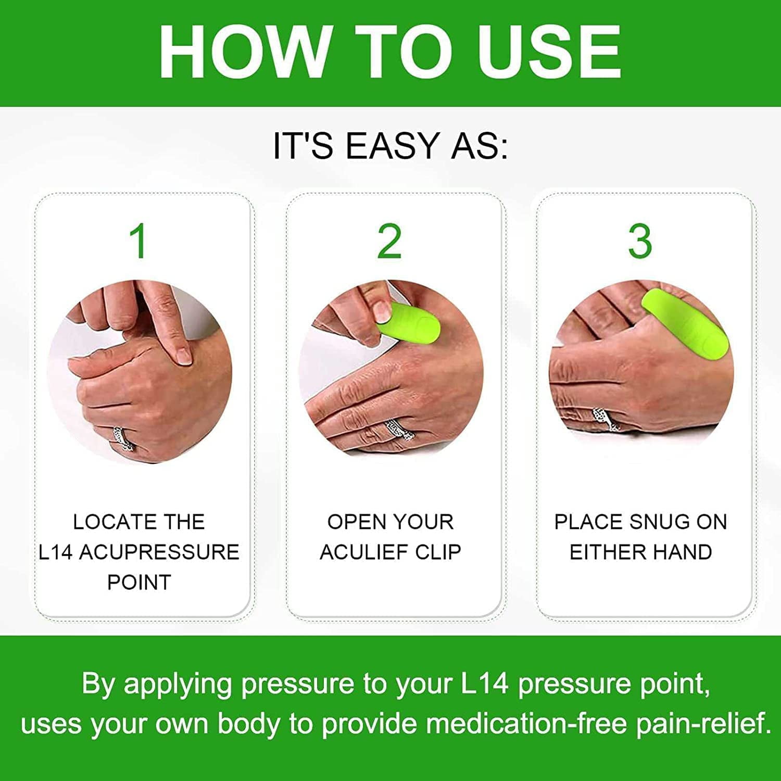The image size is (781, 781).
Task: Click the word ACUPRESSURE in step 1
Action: pyautogui.click(x=159, y=552)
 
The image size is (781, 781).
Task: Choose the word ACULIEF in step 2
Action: pyautogui.click(x=364, y=552)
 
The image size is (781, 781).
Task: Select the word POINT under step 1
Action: pyautogui.click(x=139, y=582)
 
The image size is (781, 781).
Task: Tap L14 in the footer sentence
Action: pyautogui.click(x=484, y=684)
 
